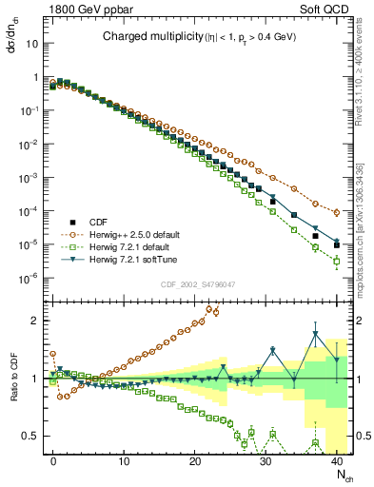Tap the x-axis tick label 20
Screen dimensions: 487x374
(x=195, y=458)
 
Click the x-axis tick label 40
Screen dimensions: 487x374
(x=337, y=458)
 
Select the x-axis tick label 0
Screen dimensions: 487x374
(x=53, y=458)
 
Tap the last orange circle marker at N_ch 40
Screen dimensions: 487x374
(x=337, y=212)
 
